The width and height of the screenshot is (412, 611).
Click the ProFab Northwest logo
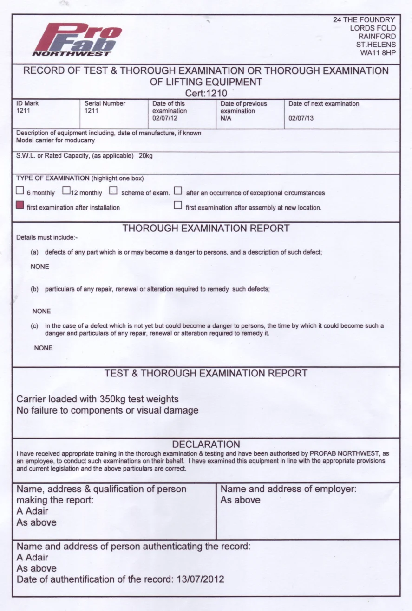coord(77,40)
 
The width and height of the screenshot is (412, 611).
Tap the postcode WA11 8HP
coord(378,53)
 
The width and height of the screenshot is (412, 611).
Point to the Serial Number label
coord(105,104)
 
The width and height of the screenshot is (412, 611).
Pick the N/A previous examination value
coord(226,119)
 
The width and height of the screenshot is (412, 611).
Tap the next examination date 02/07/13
coord(301,118)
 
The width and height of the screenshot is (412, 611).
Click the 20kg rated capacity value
coord(146,156)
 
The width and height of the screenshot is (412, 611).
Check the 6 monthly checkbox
coord(20,191)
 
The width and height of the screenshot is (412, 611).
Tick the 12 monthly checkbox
coord(66,191)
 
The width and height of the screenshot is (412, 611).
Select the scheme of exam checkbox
coord(113,191)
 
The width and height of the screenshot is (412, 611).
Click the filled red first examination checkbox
coord(20,205)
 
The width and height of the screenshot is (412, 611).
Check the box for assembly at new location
coord(177,205)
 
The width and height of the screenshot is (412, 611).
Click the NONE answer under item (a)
coord(40,267)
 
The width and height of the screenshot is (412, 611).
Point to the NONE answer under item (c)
coord(43,348)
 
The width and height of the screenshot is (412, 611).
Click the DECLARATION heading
coord(206,444)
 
